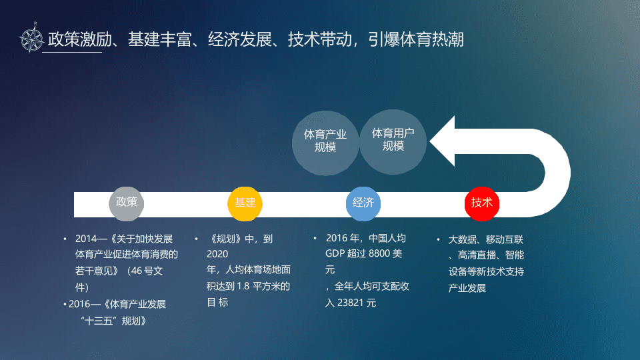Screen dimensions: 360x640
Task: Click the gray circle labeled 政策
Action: pos(127,203)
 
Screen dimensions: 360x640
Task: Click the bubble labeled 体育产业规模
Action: pos(325,141)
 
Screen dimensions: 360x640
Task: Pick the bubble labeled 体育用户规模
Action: pos(393,139)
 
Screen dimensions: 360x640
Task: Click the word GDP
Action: pos(335,254)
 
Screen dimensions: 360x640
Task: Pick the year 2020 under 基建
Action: pos(217,254)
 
